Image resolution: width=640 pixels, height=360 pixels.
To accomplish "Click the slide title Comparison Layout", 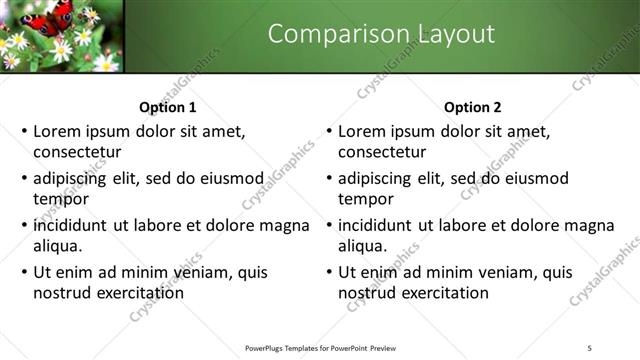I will [x=381, y=34].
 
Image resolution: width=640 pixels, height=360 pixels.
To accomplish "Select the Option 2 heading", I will [x=473, y=108].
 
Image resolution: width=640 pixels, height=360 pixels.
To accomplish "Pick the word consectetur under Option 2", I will [x=382, y=152].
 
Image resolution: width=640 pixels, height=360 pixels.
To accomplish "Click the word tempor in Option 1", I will [x=60, y=198].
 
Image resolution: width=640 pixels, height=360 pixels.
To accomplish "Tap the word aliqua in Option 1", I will [x=58, y=245].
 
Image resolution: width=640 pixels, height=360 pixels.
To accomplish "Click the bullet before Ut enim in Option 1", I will [x=23, y=272].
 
